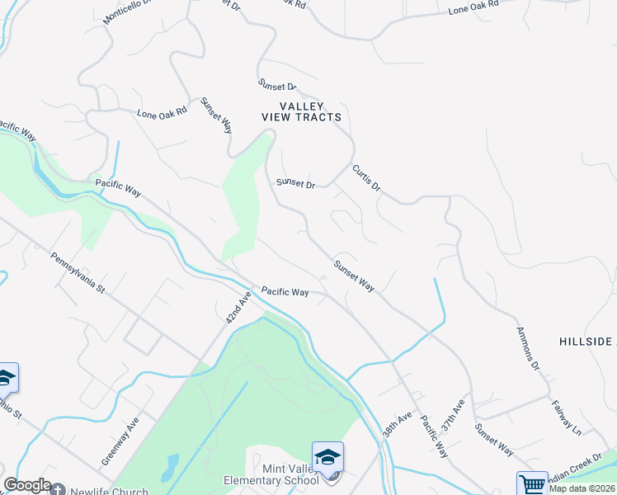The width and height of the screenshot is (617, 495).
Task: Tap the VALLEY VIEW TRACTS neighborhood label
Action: [x=301, y=111]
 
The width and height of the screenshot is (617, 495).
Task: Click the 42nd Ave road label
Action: [x=238, y=308]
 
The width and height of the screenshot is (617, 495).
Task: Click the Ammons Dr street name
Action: [x=528, y=347]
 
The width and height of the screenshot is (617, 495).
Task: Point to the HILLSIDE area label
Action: [x=586, y=342]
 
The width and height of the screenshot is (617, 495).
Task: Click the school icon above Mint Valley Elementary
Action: [x=327, y=456]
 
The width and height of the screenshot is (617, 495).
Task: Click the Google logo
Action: [x=27, y=485]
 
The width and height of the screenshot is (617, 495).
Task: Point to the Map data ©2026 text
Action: [x=582, y=488]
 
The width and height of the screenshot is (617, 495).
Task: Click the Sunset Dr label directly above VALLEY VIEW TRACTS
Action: [x=276, y=85]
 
